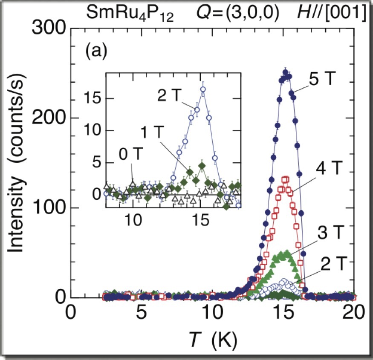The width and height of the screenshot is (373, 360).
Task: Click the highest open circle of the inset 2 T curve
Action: (x=203, y=89)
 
